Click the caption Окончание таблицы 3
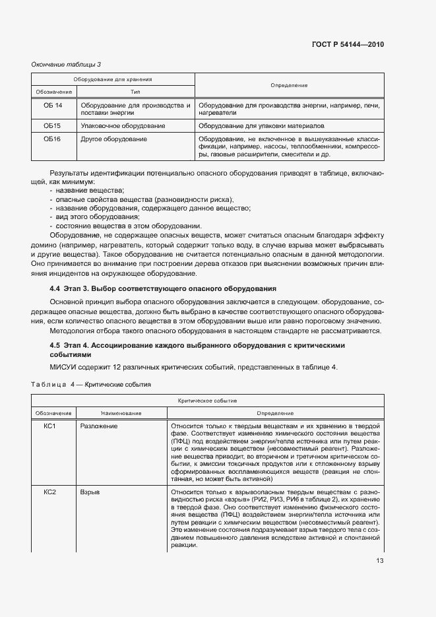coord(66,64)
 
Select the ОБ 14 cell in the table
coord(53,106)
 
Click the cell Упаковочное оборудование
coord(113,125)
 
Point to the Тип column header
coord(135,92)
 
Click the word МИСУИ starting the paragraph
coord(64,368)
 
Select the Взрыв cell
coord(90,492)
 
